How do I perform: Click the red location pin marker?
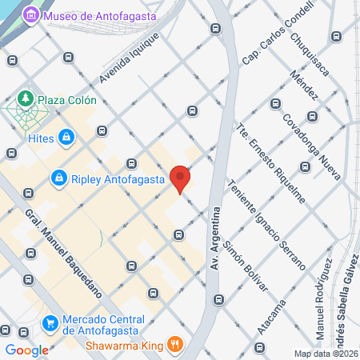(x=181, y=178)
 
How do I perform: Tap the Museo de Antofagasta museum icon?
(x=31, y=15)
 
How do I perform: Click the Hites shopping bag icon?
(x=64, y=138)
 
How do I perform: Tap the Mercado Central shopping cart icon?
(x=50, y=322)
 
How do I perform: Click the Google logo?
(x=26, y=350)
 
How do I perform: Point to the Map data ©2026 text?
(x=326, y=354)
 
